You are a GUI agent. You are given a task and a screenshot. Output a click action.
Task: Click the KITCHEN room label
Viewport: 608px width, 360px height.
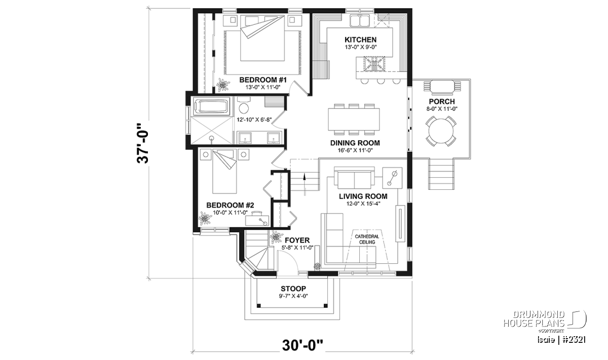pos(360,39)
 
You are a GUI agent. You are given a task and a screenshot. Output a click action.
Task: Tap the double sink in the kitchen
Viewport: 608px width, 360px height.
pos(360,21)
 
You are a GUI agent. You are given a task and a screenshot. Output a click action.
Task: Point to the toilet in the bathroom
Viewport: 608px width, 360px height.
pos(244,106)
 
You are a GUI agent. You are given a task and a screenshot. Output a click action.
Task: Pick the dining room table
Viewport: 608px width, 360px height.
pos(354,119)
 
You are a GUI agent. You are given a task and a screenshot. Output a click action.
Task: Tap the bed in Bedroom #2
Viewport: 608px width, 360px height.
pos(224,172)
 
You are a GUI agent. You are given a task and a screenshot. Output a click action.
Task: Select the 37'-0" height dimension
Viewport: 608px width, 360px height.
pos(143,144)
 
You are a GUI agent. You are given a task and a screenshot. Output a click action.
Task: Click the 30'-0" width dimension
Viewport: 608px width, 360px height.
pos(302,345)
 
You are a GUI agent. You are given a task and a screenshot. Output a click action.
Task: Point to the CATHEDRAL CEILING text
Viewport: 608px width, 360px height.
pos(367,239)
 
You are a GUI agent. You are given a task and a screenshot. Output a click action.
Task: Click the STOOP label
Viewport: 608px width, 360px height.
pos(293,289)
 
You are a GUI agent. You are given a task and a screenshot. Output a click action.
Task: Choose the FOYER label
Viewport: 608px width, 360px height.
pos(297,241)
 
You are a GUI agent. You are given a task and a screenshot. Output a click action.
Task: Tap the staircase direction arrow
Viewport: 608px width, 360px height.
pos(305,184)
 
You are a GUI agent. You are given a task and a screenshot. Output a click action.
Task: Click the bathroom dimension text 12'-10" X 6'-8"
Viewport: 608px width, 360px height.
pos(254,119)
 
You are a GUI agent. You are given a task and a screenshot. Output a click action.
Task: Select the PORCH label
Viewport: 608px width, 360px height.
pos(442,102)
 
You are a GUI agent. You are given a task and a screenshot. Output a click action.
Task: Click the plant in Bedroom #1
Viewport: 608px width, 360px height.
pos(223,85)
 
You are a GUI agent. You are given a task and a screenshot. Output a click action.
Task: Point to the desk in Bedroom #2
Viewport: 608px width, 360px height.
pos(257,219)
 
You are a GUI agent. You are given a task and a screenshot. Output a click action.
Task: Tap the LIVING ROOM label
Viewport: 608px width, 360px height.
pos(363,196)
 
